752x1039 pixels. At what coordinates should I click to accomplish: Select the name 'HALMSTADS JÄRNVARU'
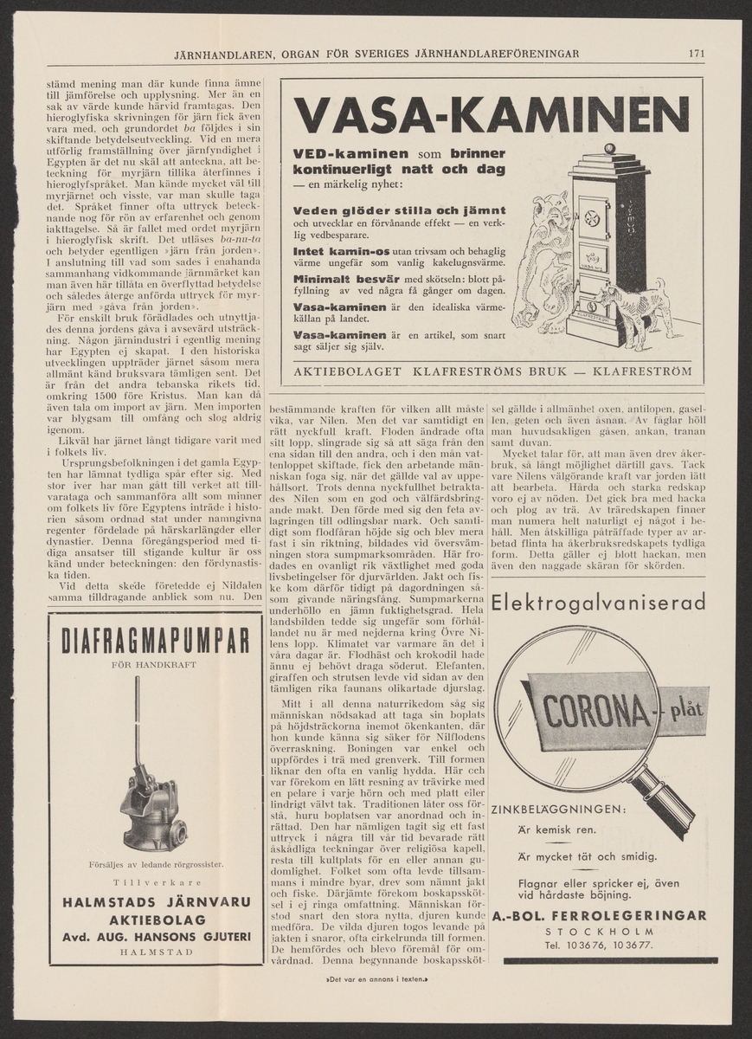(157, 902)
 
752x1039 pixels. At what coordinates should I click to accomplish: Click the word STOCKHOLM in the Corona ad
(599, 931)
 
